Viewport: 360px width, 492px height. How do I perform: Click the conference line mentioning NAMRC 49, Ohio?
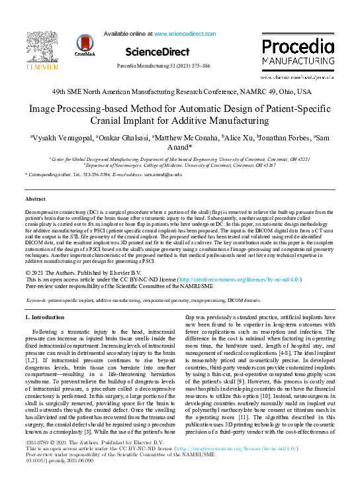(179, 91)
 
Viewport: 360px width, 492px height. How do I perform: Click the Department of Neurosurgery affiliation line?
(179, 166)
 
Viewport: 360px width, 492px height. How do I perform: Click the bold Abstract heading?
(35, 199)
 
